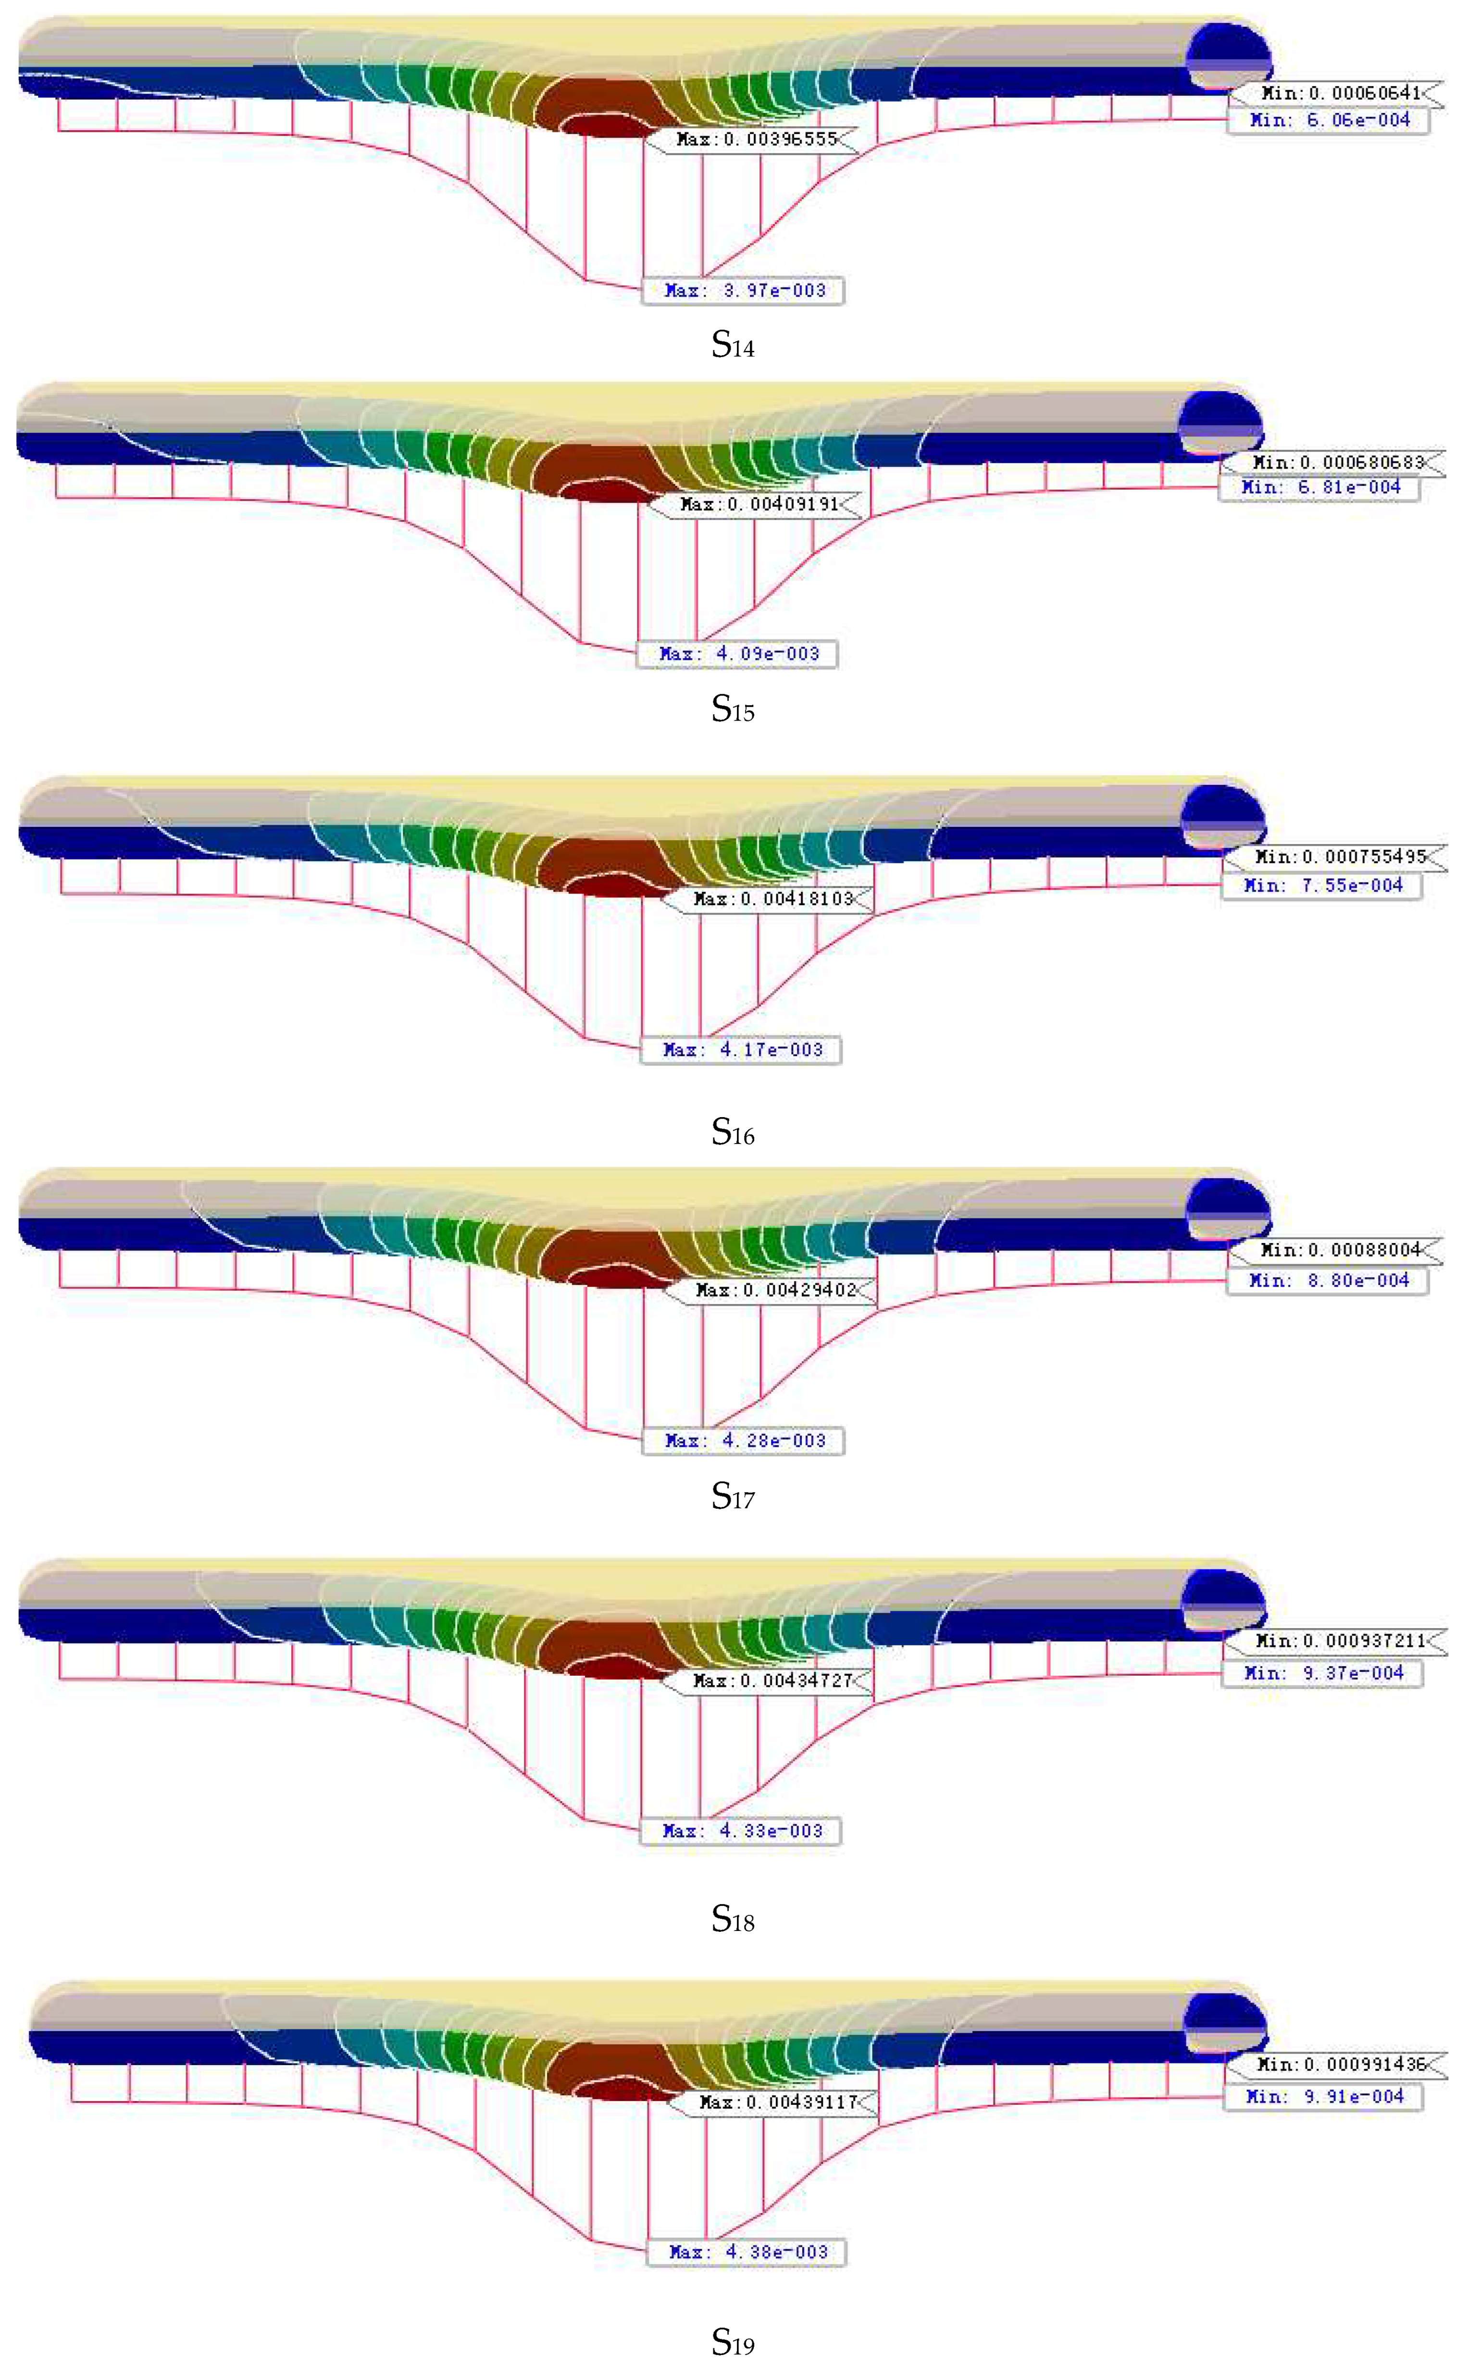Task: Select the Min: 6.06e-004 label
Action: (1328, 121)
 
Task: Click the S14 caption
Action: (733, 345)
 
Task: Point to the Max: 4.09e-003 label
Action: (736, 654)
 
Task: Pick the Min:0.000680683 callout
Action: (1333, 462)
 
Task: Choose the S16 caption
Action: (733, 1132)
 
